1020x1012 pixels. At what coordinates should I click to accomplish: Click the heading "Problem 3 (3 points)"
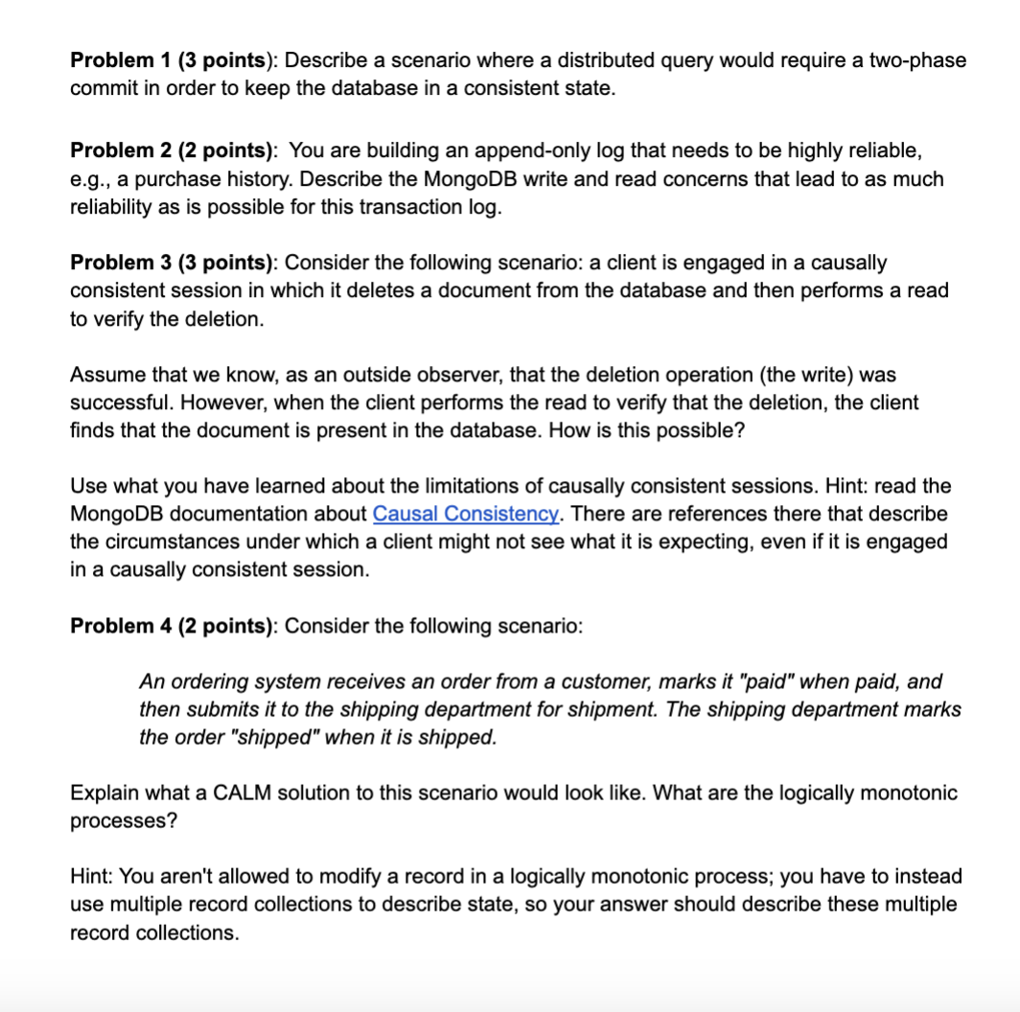pyautogui.click(x=174, y=263)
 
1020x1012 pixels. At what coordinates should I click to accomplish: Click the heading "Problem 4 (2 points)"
pyautogui.click(x=174, y=626)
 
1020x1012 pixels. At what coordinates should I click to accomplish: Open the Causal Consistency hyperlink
pyautogui.click(x=466, y=514)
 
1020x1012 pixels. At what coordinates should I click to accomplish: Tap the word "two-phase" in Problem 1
pyautogui.click(x=917, y=60)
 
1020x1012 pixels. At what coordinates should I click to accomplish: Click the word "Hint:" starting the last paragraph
pyautogui.click(x=92, y=877)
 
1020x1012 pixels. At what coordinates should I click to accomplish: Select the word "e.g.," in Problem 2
pyautogui.click(x=93, y=179)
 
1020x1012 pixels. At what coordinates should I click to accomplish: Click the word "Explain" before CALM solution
pyautogui.click(x=103, y=793)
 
